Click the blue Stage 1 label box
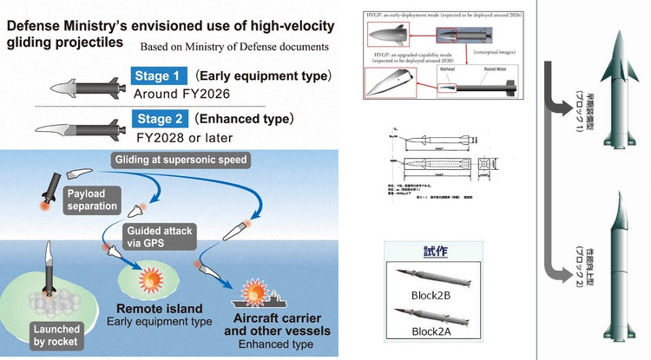159,76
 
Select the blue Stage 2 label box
159,119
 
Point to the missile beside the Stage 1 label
85,83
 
